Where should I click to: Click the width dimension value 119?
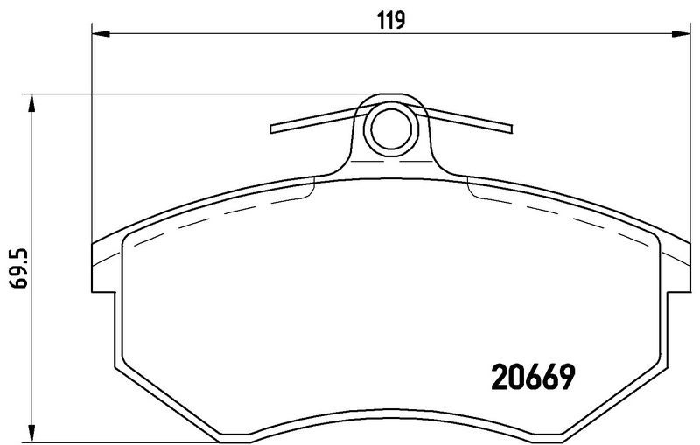[391, 20]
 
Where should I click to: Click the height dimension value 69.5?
[19, 270]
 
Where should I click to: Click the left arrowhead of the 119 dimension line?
[101, 33]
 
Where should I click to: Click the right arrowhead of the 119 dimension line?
[681, 33]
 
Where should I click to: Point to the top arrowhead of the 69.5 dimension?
[31, 103]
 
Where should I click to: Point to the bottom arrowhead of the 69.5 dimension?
[31, 432]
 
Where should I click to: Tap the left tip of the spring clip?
[271, 129]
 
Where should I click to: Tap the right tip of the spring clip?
[512, 129]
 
